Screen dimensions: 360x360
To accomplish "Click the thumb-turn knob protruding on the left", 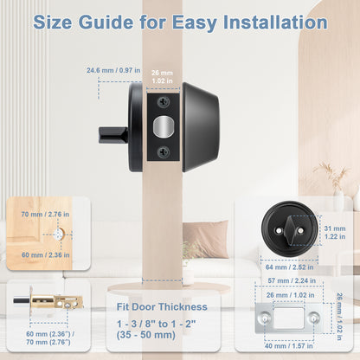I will (112, 134).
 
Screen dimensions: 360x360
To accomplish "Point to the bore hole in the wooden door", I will (57, 235).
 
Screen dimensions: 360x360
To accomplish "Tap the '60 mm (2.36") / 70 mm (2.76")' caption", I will (48, 336).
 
